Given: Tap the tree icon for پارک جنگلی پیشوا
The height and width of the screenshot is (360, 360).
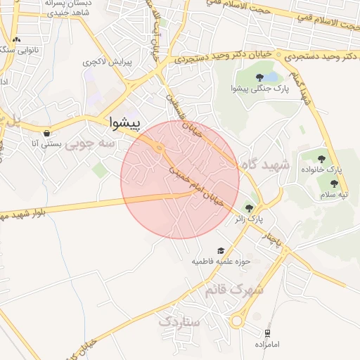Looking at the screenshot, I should coord(260,77).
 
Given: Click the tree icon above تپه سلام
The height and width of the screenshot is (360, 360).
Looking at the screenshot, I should coord(334,184).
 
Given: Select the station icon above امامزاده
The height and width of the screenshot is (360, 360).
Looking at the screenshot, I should coord(267,333).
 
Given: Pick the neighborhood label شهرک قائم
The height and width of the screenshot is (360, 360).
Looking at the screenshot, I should coord(234,289).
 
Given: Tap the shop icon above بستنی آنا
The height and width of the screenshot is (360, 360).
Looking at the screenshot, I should coord(46,133).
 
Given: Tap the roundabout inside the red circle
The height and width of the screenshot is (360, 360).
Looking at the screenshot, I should coord(160,148).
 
